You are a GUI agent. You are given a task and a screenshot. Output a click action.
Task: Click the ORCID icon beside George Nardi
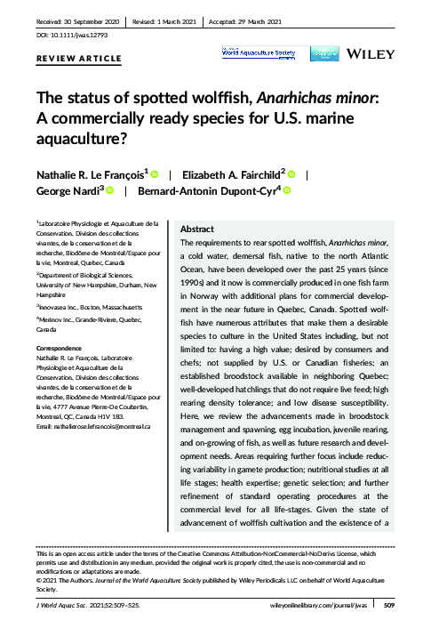(x=110, y=191)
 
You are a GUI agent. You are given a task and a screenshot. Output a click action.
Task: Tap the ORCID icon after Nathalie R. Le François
(x=154, y=175)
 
